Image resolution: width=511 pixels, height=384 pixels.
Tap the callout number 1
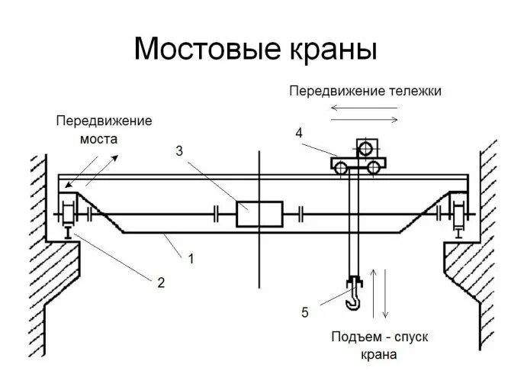pos(191,259)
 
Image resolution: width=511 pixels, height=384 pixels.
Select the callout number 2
pos(161,282)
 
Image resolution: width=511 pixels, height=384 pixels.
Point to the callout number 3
pos(180,151)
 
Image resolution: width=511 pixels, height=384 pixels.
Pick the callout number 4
pos(299,134)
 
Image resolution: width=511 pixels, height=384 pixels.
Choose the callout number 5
pos(304,311)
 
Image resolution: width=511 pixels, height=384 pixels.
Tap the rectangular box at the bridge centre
pos(259,214)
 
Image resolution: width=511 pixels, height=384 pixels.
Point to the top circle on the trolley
pos(365,147)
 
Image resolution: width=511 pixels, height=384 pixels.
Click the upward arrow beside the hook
pos(373,294)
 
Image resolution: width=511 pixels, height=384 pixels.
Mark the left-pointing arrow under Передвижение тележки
pos(358,109)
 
